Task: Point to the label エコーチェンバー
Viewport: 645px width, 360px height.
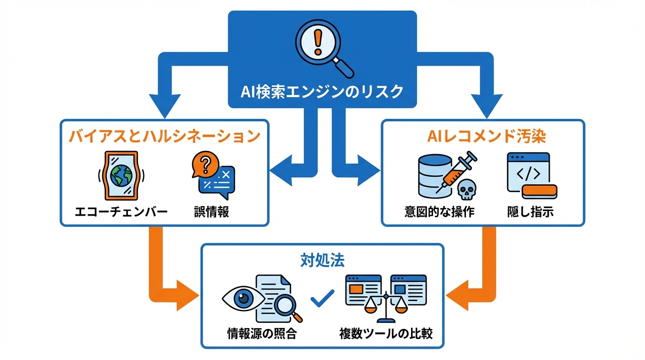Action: pyautogui.click(x=121, y=212)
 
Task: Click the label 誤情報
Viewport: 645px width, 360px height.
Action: pyautogui.click(x=211, y=212)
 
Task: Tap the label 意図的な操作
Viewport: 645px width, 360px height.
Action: pyautogui.click(x=439, y=212)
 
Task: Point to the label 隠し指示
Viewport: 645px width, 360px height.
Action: pyautogui.click(x=530, y=212)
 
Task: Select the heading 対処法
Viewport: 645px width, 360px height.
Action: pyautogui.click(x=322, y=260)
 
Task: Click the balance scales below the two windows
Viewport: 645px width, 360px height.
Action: pyautogui.click(x=386, y=307)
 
